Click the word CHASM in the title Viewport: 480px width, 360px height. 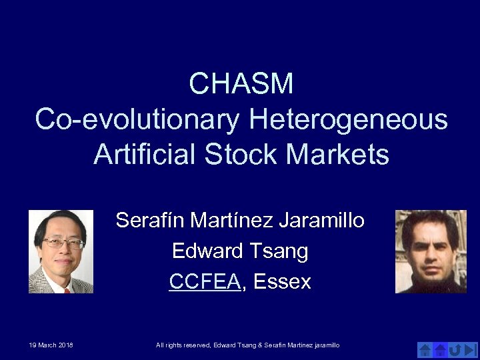pos(241,84)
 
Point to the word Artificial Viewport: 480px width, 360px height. pos(145,155)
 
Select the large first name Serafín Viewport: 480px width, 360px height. pos(151,220)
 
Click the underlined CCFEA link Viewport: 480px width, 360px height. pos(204,282)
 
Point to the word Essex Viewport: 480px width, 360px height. pos(282,282)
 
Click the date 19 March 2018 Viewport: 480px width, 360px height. pos(51,345)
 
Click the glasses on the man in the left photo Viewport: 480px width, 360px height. pos(62,243)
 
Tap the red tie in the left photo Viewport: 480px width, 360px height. pos(66,289)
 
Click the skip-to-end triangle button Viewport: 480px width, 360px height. pos(470,349)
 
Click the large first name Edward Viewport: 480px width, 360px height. pos(207,251)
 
